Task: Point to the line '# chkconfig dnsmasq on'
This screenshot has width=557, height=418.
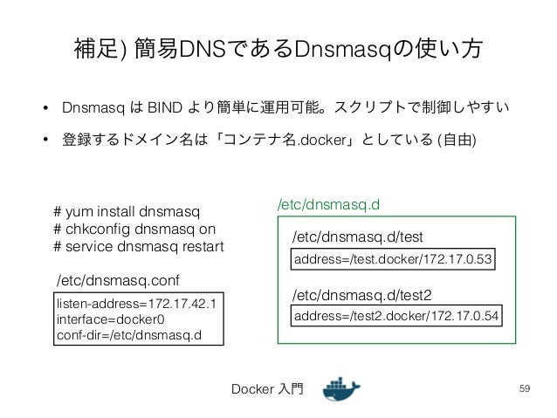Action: (134, 230)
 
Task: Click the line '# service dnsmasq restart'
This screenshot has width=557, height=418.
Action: (138, 246)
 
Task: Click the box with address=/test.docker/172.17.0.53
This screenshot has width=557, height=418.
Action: (394, 260)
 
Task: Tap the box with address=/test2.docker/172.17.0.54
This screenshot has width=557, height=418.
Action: (397, 315)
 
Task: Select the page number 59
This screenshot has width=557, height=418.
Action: (524, 387)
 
